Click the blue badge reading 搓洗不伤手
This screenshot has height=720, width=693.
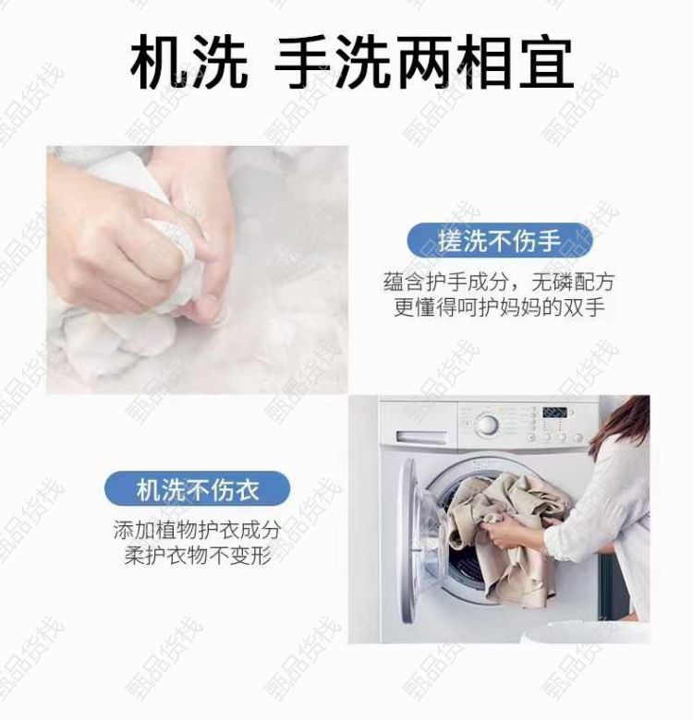pos(500,241)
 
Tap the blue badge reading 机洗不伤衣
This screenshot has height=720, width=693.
pos(197,489)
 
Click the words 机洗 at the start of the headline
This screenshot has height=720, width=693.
pos(189,63)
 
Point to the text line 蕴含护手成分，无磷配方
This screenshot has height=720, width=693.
pos(499,282)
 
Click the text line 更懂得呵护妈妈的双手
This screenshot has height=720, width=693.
pos(499,307)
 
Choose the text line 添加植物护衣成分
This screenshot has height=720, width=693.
pos(197,530)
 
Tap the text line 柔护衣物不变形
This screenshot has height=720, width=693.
pos(197,556)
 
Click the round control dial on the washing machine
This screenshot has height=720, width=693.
pos(486,424)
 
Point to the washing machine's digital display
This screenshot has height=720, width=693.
pos(554,412)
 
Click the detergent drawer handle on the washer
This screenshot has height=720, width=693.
pos(421,438)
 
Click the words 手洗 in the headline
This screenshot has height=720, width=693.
pos(333,63)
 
